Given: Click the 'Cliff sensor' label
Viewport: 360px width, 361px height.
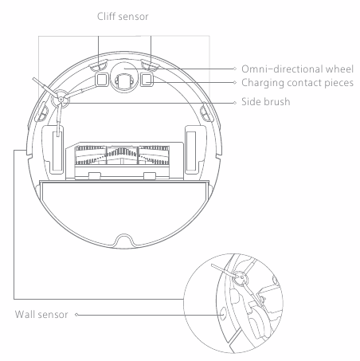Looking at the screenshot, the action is click(123, 17).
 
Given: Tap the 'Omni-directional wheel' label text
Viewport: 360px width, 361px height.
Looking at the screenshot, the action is click(297, 69).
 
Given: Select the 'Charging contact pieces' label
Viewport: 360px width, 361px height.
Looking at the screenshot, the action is click(297, 83).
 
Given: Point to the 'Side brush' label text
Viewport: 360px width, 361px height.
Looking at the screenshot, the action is click(266, 102).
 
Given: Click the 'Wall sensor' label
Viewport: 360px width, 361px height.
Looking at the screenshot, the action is click(41, 315).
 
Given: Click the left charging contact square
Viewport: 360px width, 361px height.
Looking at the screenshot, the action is click(102, 80).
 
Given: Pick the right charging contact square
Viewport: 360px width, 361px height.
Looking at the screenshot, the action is click(147, 80).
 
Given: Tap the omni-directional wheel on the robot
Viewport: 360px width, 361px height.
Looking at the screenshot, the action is click(124, 77).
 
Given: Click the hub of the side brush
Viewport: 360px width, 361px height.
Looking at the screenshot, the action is click(61, 99).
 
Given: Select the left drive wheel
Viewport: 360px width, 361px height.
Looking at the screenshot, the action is click(58, 151).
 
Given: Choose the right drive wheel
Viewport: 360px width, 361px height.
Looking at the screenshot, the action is click(191, 151).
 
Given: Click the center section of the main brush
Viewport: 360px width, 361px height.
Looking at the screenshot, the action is click(122, 155).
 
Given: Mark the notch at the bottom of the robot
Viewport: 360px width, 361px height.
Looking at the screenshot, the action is click(124, 240).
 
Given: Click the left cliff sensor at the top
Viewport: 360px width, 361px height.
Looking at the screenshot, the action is click(98, 65).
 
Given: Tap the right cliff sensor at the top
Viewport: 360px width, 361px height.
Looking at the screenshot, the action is click(150, 65).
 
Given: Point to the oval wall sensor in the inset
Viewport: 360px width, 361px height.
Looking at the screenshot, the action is click(223, 314).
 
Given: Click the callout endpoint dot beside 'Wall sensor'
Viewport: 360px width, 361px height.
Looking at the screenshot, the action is click(76, 315).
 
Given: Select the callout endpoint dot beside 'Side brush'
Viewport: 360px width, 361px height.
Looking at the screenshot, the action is click(235, 103).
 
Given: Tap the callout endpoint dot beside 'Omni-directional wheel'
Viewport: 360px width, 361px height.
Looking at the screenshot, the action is click(235, 69).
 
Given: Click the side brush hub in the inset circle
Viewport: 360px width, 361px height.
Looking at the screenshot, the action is click(241, 278).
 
